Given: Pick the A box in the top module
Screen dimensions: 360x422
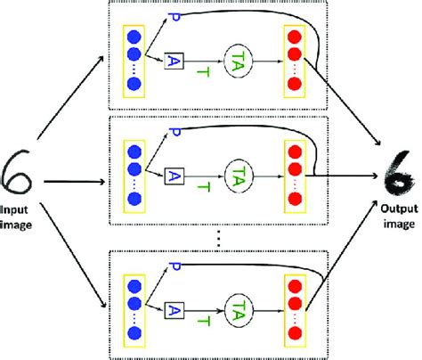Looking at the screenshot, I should (173, 61).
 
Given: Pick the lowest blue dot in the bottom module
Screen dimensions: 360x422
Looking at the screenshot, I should (134, 333).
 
